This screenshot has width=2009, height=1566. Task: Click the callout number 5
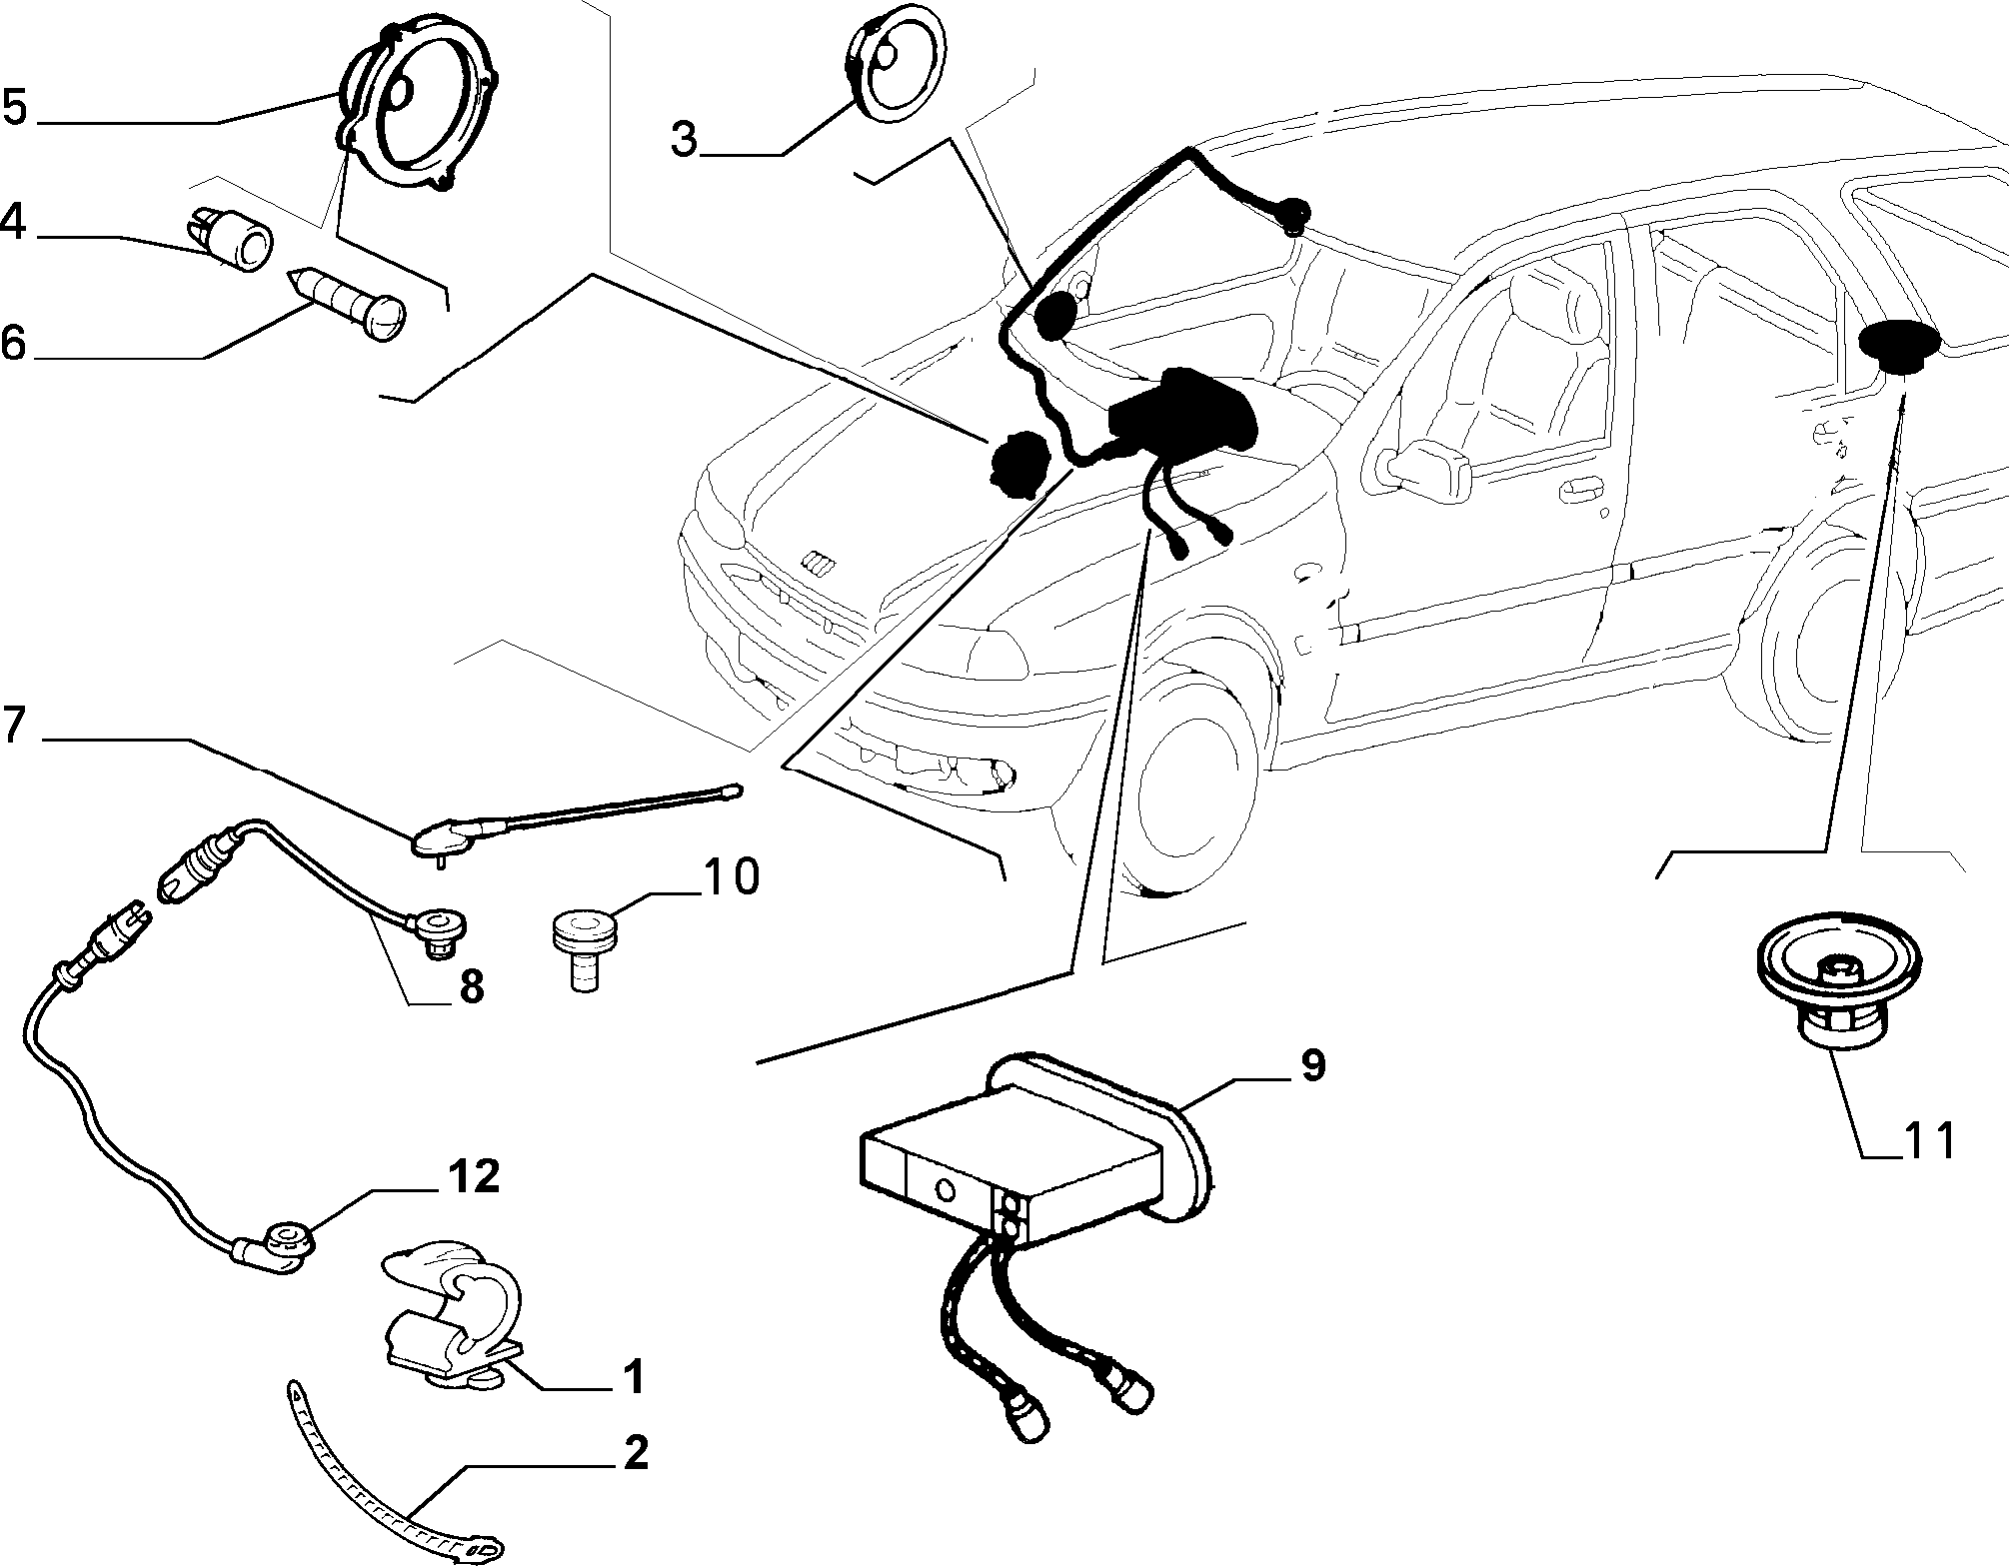16,107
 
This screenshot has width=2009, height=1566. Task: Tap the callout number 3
685,140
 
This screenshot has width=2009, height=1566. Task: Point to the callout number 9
1312,1065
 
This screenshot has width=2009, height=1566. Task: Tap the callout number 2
636,1452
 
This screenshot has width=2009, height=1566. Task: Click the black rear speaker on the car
1899,346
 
